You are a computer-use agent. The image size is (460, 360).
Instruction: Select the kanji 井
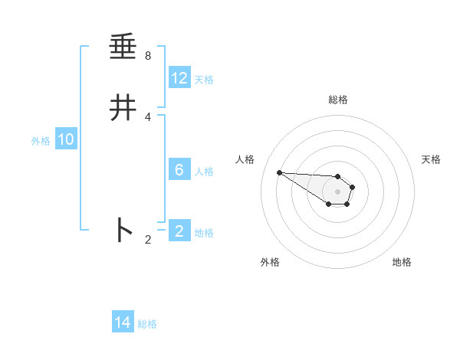click(x=123, y=109)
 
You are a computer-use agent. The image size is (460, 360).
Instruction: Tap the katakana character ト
click(x=123, y=230)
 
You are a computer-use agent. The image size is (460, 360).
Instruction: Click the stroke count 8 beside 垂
click(x=148, y=56)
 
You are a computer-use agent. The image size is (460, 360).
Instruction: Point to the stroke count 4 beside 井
click(x=148, y=116)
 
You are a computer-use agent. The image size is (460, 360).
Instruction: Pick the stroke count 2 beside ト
click(x=148, y=240)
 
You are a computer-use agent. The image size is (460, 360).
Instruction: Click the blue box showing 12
click(x=179, y=78)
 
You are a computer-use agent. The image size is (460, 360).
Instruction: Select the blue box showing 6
click(x=179, y=170)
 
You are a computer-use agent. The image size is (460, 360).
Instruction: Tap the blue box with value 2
click(x=179, y=231)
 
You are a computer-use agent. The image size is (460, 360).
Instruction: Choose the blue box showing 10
click(x=66, y=139)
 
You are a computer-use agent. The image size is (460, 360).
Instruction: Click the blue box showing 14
click(x=123, y=322)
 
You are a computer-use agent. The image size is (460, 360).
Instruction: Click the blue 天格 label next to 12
click(x=204, y=80)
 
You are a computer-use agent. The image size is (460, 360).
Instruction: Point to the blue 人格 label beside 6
click(x=205, y=172)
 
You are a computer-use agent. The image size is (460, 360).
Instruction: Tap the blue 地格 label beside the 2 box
click(x=205, y=233)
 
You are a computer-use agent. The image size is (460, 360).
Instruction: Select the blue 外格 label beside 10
click(x=41, y=141)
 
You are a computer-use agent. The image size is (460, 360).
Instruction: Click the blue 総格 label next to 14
click(x=147, y=324)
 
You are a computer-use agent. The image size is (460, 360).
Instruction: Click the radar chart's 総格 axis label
click(x=338, y=100)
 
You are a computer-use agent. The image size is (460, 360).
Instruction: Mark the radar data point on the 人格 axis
click(x=279, y=172)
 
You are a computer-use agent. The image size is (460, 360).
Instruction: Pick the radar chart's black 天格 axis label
click(x=431, y=159)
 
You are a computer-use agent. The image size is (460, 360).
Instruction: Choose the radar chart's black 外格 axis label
click(x=270, y=262)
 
